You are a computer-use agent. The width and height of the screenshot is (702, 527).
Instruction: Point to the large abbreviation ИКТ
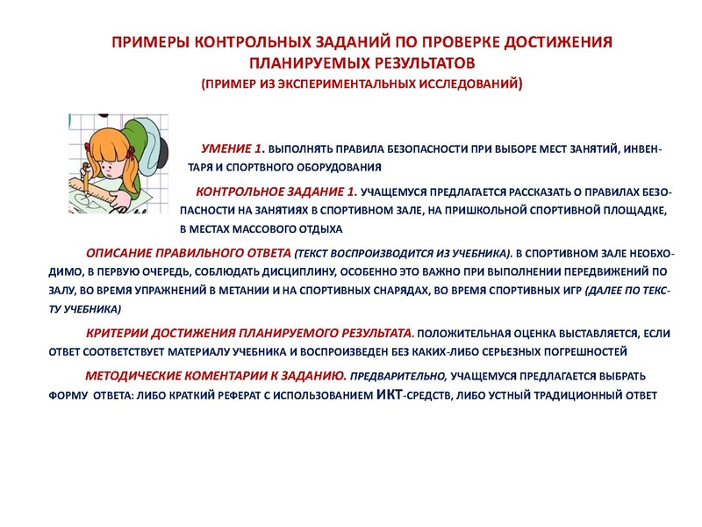point(390,393)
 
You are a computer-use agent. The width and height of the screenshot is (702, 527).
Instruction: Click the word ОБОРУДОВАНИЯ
point(334,167)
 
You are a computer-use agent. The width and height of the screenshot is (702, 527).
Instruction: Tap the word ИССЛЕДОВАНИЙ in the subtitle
point(470,84)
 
